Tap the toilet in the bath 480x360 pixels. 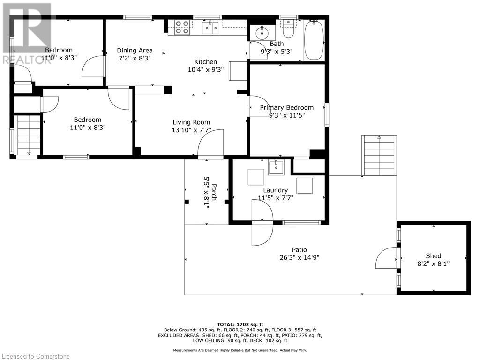pos(288,29)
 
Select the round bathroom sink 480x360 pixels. pos(262,33)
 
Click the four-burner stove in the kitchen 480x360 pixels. pos(182,28)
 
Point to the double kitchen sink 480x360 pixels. pos(210,28)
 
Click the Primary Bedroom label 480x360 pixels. pos(286,107)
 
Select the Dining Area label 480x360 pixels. pos(135,51)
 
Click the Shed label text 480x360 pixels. pos(433,256)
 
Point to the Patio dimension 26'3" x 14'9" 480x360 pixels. pos(300,257)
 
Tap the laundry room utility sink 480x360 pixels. pos(276,167)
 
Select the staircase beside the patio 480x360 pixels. pos(379,149)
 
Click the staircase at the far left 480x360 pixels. pos(28,135)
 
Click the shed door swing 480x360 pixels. pos(386,258)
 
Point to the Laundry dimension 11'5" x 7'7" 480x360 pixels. pos(275,198)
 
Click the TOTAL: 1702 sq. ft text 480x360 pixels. pos(240,324)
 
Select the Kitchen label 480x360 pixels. pos(206,62)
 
